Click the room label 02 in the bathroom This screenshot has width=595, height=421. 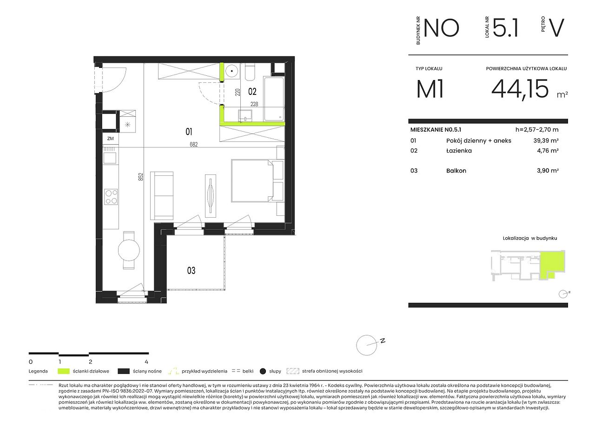252,92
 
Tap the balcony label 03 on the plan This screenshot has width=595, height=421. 191,271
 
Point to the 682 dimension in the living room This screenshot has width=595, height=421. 194,145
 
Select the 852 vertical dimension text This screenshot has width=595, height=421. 141,177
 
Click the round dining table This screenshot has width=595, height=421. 129,250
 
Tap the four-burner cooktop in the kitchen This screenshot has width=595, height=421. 111,197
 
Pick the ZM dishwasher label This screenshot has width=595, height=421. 111,139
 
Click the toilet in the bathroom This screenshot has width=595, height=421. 250,72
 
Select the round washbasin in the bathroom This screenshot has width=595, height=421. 232,71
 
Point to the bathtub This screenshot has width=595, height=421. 274,99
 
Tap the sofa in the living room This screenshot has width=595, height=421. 162,196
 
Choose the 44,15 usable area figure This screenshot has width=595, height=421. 520,89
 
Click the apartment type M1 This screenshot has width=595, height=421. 430,89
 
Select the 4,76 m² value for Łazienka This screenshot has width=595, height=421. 548,151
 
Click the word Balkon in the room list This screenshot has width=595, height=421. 456,171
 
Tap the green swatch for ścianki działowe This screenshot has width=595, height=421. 64,371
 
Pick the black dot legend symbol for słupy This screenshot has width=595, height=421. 263,371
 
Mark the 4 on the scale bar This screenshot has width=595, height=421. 146,362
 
